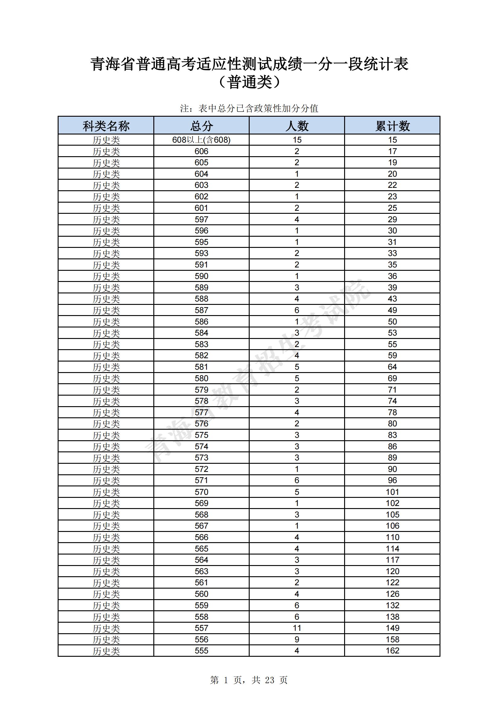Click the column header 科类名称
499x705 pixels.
[106, 125]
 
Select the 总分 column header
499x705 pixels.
[201, 125]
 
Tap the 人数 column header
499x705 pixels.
[297, 125]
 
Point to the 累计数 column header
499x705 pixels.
[392, 125]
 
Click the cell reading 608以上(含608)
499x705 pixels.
[201, 140]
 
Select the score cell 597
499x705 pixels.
[201, 220]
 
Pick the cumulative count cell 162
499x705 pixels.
[392, 651]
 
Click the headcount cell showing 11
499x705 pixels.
[297, 628]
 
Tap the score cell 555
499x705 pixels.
[201, 651]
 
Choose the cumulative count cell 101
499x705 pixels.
[392, 492]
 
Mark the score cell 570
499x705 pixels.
[201, 492]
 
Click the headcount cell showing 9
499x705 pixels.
[297, 639]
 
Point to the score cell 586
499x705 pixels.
[201, 321]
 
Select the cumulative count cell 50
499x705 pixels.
[392, 321]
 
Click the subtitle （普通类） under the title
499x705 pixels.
[249, 82]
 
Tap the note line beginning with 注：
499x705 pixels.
[249, 108]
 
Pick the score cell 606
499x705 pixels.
[201, 151]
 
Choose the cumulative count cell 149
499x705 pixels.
[392, 628]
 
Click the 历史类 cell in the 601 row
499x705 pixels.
[106, 208]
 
